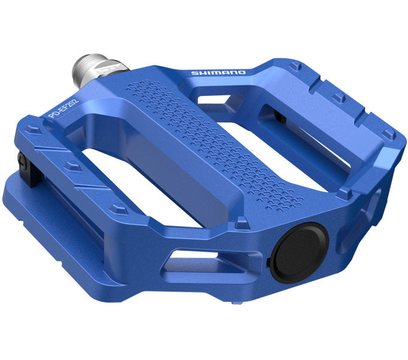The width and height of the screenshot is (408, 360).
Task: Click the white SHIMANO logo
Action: pyautogui.click(x=218, y=73)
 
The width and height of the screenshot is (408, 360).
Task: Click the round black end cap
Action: pyautogui.click(x=298, y=252)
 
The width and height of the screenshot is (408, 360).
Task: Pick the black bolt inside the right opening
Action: pyautogui.click(x=280, y=116)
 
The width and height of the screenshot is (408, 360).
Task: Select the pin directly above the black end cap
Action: pyautogui.click(x=242, y=223)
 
